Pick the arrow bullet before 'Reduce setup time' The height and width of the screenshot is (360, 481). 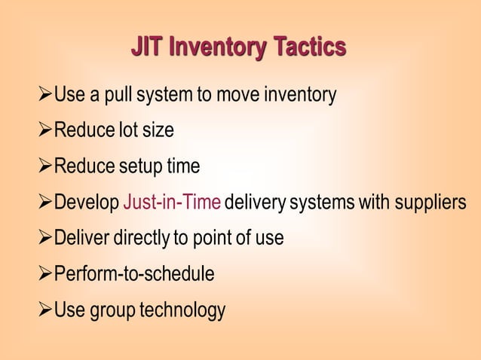coord(44,166)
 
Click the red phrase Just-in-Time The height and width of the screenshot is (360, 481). coord(172,203)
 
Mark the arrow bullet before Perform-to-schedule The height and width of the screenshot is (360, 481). coord(44,274)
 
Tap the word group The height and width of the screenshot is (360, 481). coord(109,310)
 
